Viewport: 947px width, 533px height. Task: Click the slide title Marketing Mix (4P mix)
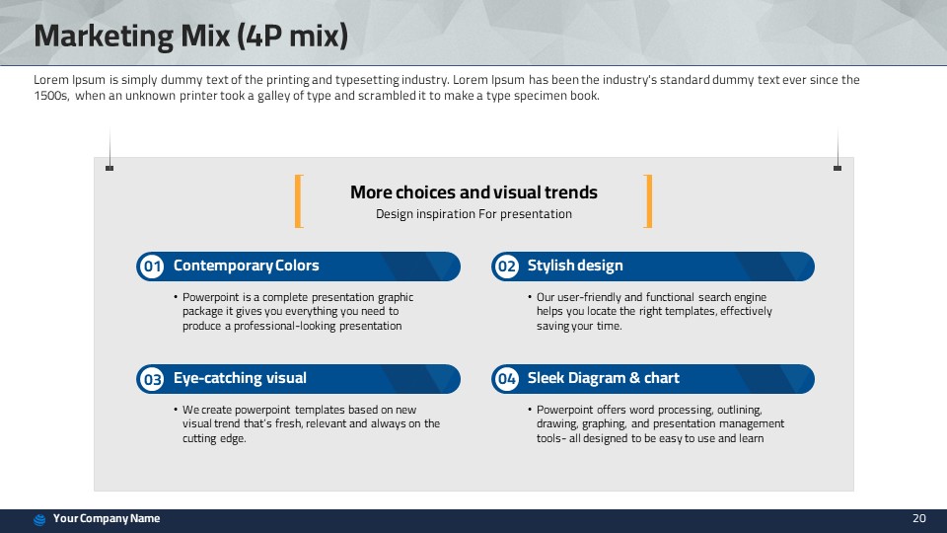click(x=190, y=36)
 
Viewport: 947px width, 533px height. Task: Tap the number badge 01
click(x=152, y=266)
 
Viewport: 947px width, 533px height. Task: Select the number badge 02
click(x=507, y=266)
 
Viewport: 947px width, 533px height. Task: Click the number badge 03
click(x=152, y=379)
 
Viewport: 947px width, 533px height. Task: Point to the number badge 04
click(x=507, y=379)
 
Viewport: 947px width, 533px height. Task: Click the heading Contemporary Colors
click(x=246, y=266)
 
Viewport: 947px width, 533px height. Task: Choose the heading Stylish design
click(x=575, y=266)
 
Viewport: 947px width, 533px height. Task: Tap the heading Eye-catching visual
click(x=240, y=378)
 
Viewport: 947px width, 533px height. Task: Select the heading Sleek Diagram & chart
click(x=604, y=378)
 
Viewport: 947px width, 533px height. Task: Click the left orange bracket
click(x=297, y=201)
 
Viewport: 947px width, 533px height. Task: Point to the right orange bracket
click(x=650, y=201)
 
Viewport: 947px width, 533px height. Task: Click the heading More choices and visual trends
click(x=473, y=192)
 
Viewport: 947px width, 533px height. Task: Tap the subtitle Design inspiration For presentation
click(x=473, y=214)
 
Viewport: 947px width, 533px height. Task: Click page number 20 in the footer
click(x=919, y=518)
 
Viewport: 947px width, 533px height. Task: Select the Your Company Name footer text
click(x=107, y=518)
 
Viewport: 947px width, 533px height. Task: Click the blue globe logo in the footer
click(x=39, y=520)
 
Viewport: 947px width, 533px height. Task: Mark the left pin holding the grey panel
click(x=109, y=168)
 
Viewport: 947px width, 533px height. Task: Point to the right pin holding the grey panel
click(x=838, y=168)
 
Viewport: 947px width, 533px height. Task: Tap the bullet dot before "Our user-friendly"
click(x=530, y=297)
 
